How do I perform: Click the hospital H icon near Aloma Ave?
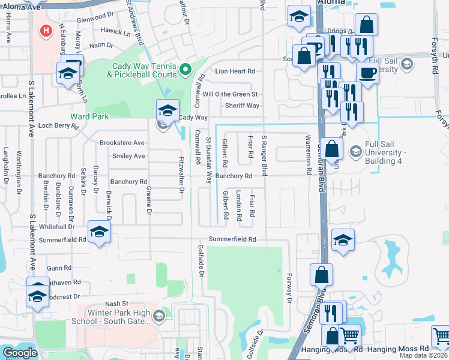tap(45, 30)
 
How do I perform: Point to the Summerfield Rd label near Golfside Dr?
tap(232, 239)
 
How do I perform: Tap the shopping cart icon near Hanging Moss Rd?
tap(351, 336)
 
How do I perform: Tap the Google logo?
tap(20, 353)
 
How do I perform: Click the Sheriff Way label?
tap(242, 106)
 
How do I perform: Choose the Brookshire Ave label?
tap(122, 143)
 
